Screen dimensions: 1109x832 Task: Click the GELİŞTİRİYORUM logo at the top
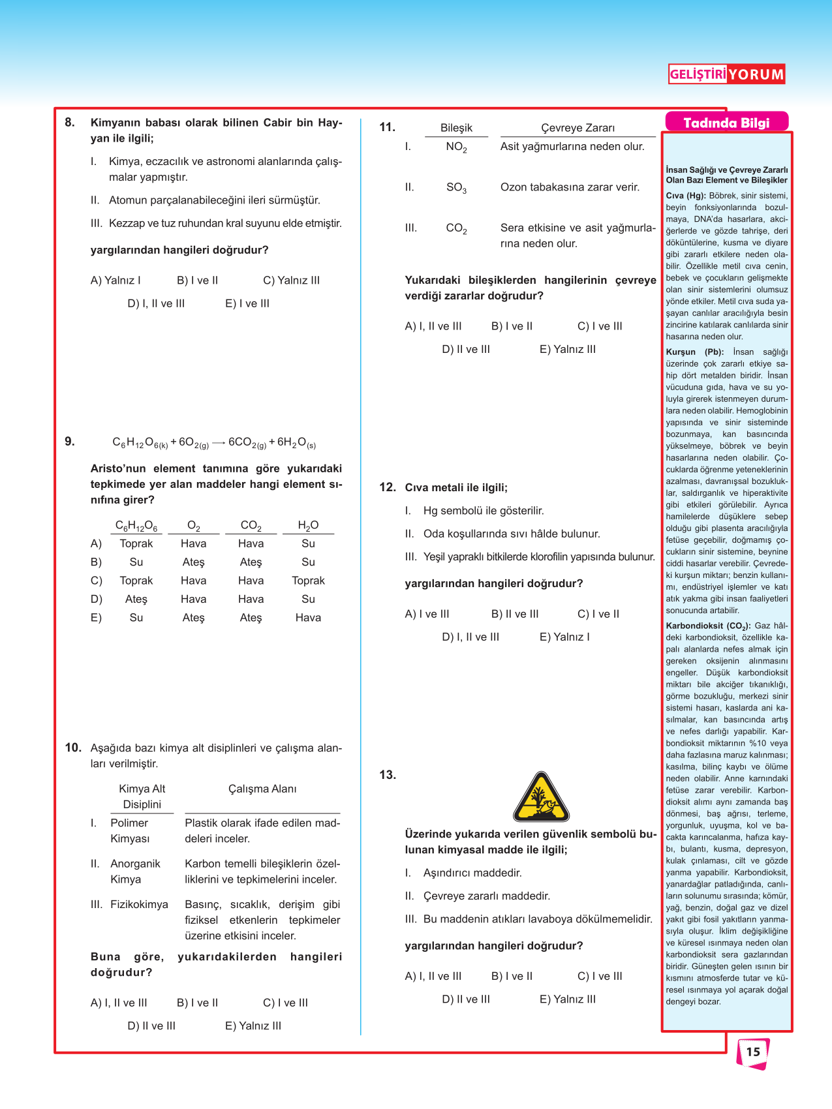point(726,74)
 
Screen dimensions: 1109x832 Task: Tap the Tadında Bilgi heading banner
point(726,123)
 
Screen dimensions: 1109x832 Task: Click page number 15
point(753,1052)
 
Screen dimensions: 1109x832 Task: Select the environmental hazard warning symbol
point(541,798)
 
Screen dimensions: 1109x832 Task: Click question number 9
point(70,442)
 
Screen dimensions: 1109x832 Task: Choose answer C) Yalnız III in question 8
point(291,281)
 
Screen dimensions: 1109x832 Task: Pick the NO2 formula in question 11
point(456,147)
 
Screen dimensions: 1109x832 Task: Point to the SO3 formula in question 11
point(456,188)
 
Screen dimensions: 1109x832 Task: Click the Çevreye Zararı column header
point(578,128)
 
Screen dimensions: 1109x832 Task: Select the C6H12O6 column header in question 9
point(136,526)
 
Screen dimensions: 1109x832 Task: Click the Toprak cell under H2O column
point(308,581)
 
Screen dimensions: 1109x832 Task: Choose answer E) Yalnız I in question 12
point(564,637)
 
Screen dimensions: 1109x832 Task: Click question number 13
point(388,775)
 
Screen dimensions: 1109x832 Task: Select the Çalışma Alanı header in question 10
point(262,789)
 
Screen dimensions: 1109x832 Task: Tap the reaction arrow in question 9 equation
point(219,443)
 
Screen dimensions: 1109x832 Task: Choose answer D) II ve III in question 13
point(465,999)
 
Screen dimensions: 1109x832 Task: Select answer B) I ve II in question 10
point(197,1003)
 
